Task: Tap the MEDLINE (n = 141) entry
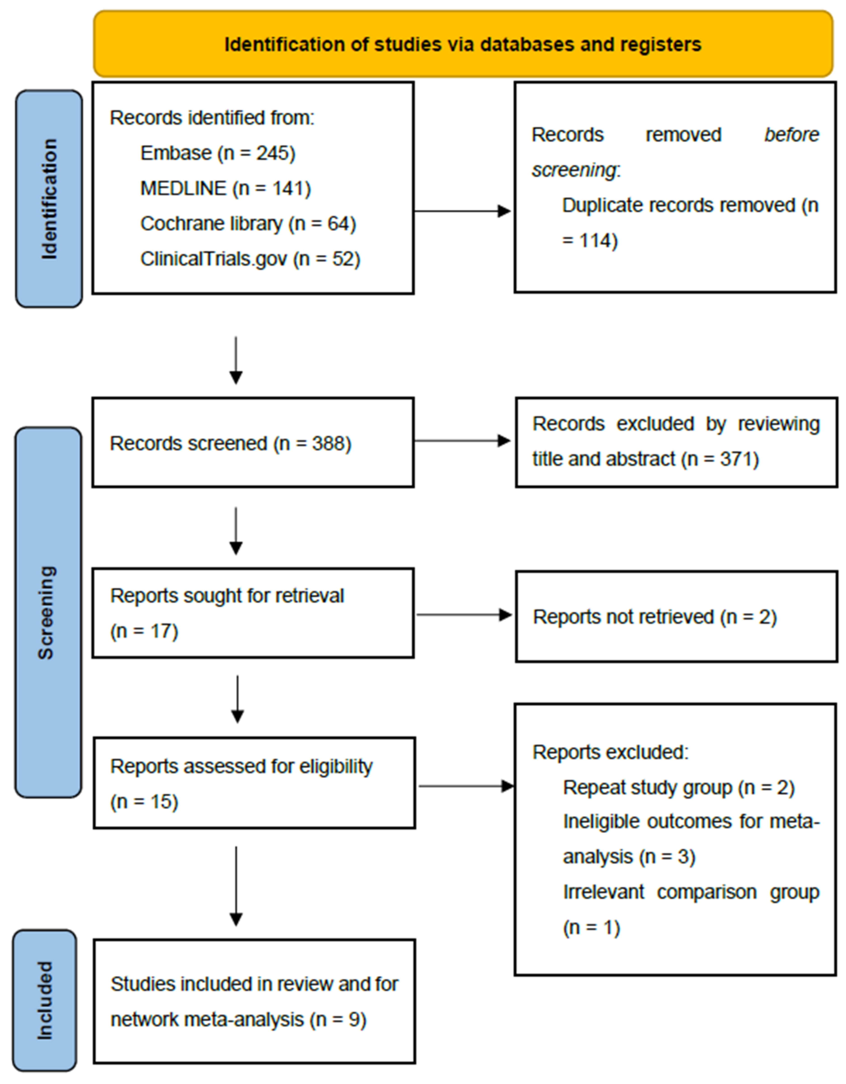[226, 188]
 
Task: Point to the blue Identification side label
[49, 199]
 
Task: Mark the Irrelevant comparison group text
[691, 892]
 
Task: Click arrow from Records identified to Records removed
[462, 211]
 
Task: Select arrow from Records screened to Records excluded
[462, 440]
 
